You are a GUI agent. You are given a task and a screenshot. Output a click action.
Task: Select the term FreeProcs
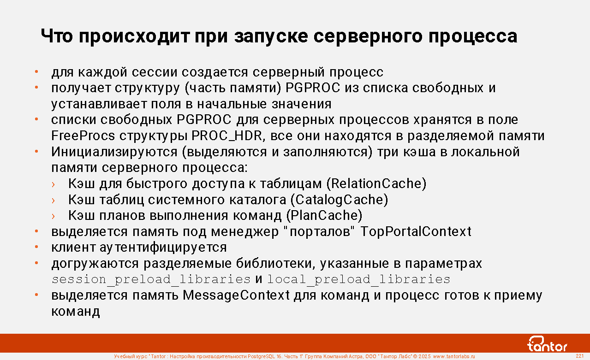(83, 136)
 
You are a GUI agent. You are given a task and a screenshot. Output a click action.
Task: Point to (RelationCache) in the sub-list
(376, 183)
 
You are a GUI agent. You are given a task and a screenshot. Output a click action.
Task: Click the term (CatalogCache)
(339, 200)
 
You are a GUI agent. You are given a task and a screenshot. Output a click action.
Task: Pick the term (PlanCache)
(324, 216)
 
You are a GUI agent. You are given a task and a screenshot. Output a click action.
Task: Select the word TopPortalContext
(416, 231)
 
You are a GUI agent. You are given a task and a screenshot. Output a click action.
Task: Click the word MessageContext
(236, 295)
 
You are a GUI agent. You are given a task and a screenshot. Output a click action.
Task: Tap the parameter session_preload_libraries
(151, 279)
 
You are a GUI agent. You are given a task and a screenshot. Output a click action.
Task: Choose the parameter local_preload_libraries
(359, 279)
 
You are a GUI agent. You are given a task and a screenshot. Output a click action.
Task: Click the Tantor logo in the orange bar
(547, 343)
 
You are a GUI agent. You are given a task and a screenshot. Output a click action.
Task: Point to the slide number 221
(580, 356)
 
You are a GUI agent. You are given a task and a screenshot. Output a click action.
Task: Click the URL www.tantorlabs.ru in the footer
(454, 356)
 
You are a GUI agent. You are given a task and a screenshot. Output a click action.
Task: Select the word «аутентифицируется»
(163, 248)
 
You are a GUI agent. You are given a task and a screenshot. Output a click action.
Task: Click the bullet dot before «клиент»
(36, 247)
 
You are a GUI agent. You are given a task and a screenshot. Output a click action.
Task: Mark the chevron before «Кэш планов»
(54, 216)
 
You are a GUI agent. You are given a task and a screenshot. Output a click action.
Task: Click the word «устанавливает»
(99, 104)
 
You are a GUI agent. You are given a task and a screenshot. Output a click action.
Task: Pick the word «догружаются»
(95, 264)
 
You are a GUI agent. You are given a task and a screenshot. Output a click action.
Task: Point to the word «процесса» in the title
(473, 37)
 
